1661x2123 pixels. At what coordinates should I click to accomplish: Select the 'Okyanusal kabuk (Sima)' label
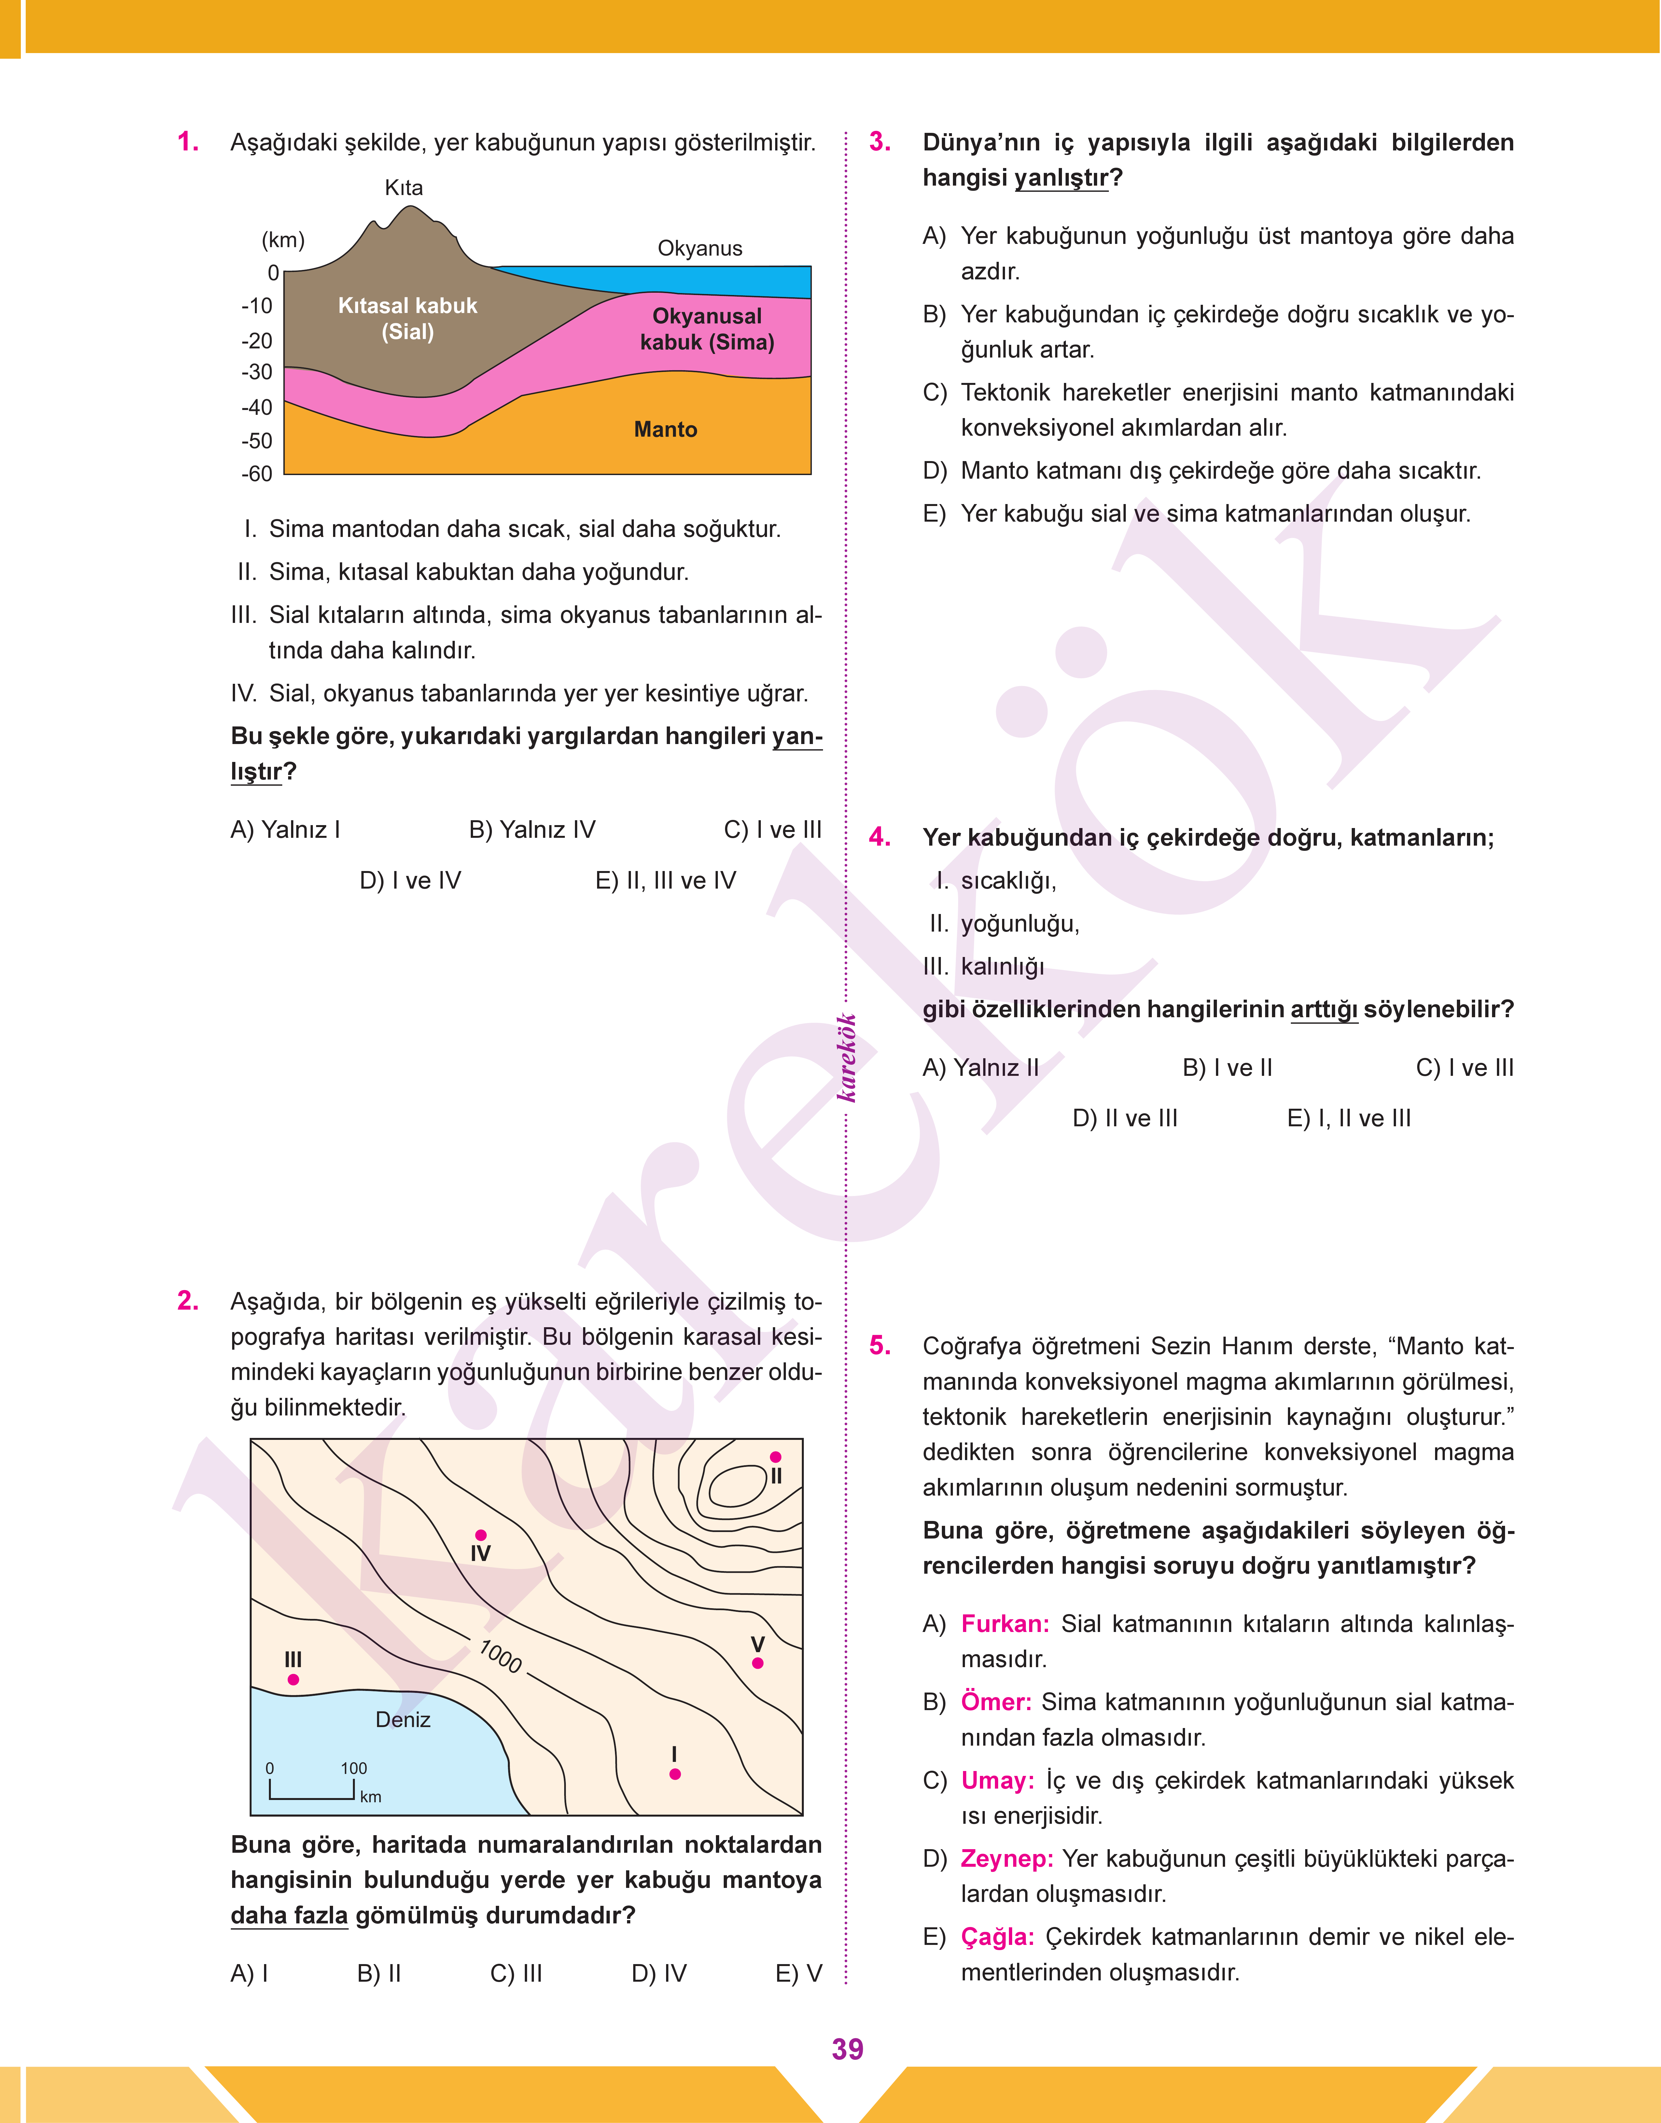[x=707, y=329]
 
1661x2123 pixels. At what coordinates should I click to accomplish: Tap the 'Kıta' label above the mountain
[x=404, y=188]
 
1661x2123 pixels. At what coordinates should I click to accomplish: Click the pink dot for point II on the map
[x=775, y=1457]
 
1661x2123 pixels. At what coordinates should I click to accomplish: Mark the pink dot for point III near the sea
[x=293, y=1680]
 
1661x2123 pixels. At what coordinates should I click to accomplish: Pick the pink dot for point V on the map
[x=758, y=1663]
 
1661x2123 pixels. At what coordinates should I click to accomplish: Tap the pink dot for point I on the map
[x=675, y=1774]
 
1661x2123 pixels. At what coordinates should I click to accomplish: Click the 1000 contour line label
[x=501, y=1656]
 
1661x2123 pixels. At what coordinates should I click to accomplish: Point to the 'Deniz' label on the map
[x=403, y=1720]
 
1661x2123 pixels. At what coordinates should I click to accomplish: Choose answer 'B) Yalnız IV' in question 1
[x=532, y=830]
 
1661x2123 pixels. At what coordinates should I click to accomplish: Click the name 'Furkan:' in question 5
[x=1005, y=1624]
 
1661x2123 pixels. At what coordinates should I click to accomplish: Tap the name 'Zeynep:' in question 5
[x=1007, y=1859]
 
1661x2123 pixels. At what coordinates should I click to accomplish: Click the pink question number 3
[x=879, y=142]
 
